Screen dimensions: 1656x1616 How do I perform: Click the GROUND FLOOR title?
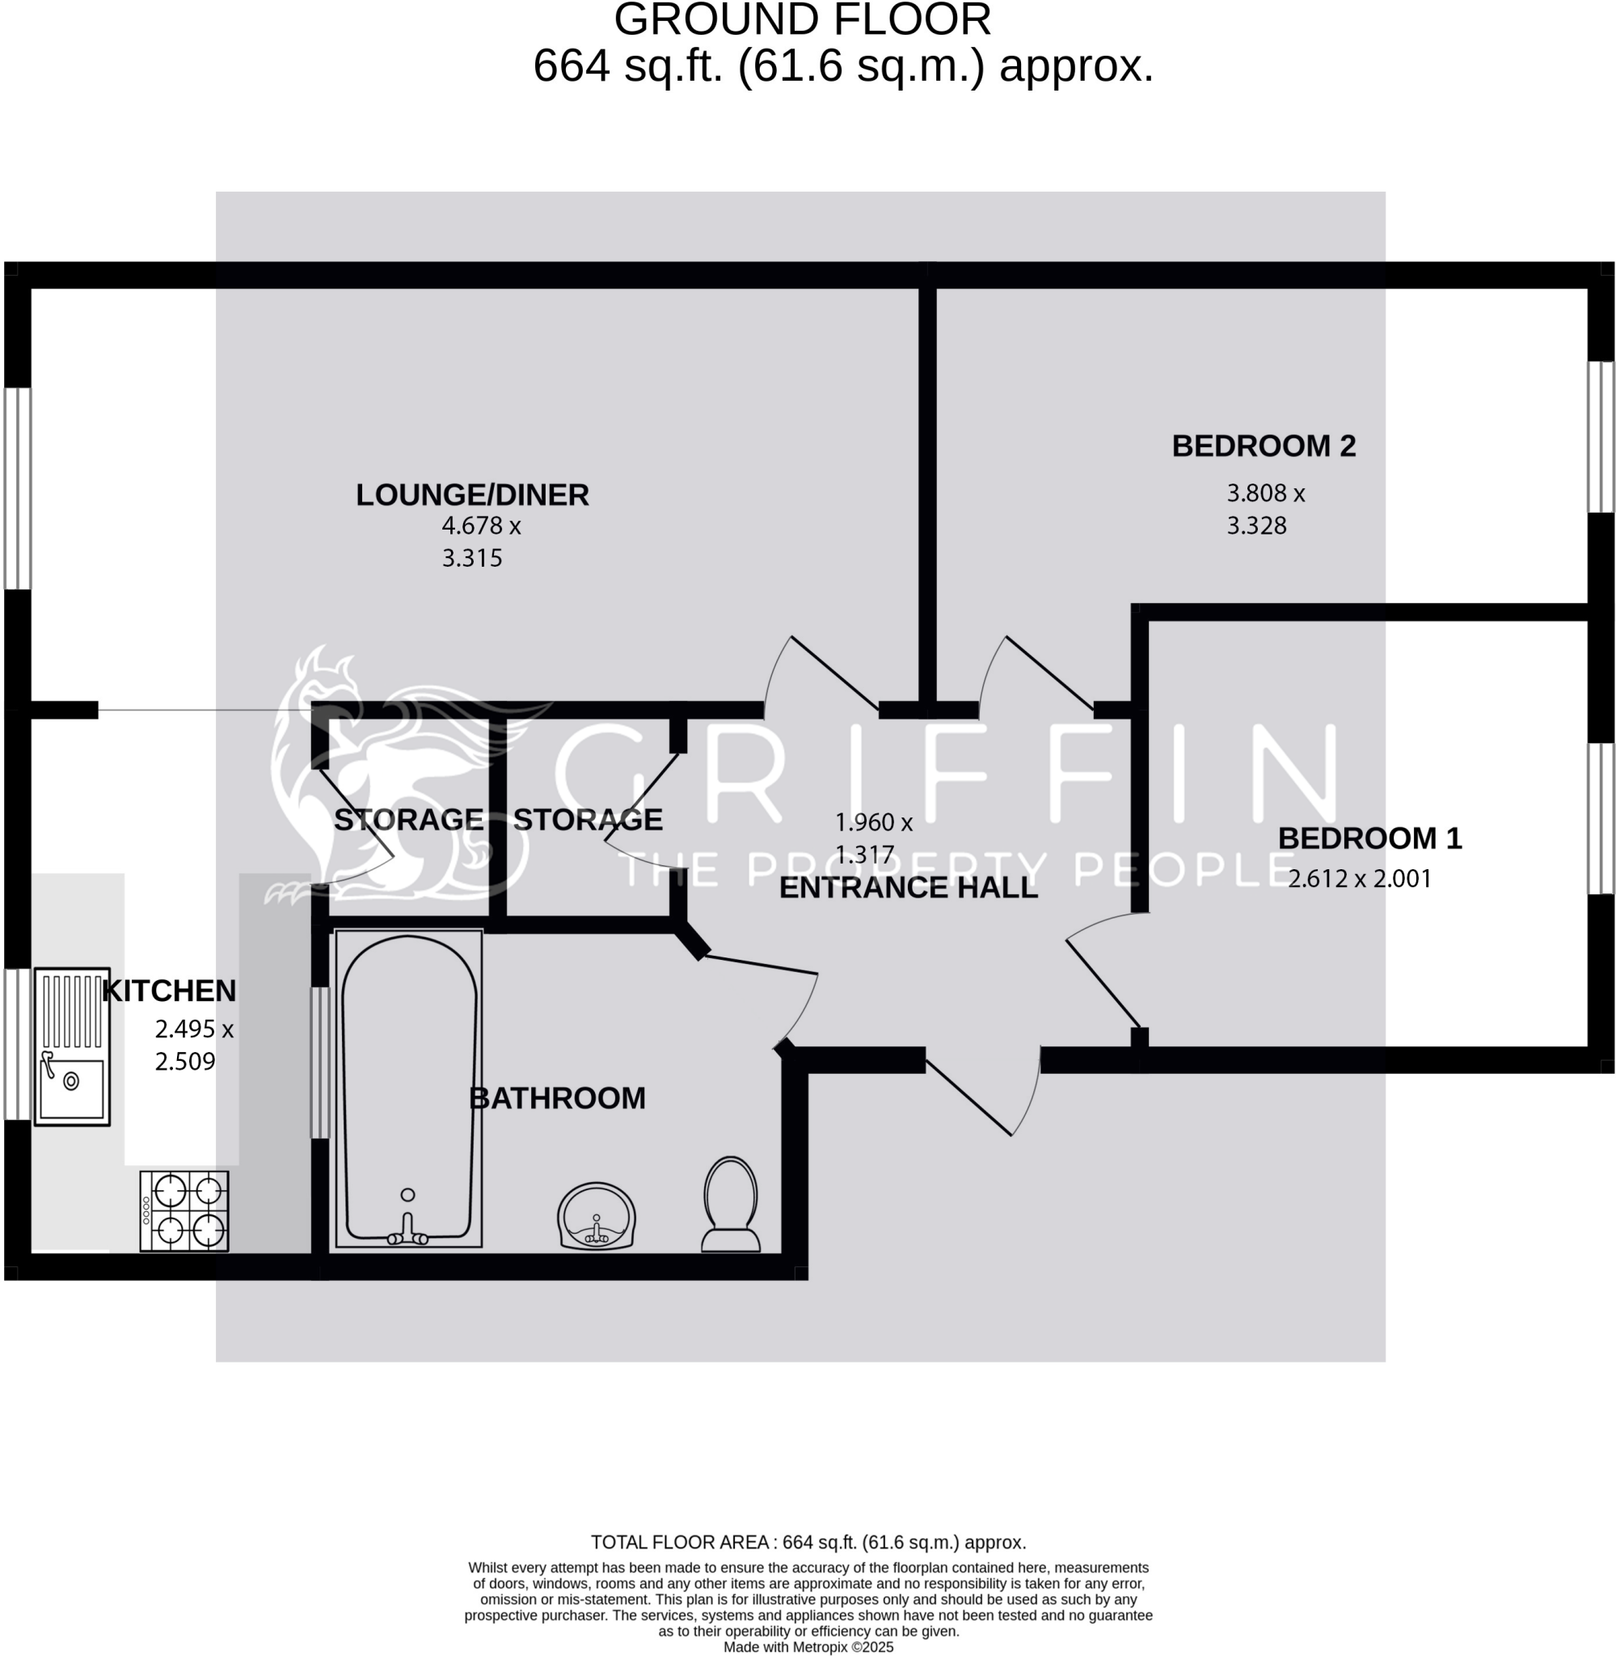(802, 20)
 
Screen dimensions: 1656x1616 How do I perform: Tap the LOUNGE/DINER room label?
(472, 495)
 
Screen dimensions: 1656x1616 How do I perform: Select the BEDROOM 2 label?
(1263, 446)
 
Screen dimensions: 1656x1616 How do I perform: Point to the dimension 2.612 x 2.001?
(1359, 878)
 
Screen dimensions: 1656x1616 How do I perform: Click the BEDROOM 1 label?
(1369, 838)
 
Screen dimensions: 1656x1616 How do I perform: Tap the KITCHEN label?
(169, 991)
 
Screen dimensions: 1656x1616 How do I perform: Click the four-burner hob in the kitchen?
(184, 1210)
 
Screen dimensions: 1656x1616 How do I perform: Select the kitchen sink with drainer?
(72, 1046)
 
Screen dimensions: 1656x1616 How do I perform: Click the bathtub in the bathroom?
(408, 1088)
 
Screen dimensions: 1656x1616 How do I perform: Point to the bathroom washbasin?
(596, 1215)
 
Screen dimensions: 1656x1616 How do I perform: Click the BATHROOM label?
(557, 1098)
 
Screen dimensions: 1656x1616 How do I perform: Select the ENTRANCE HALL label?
(908, 888)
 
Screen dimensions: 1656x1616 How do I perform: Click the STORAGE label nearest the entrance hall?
(588, 820)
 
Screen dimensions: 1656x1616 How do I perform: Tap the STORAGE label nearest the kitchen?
(408, 820)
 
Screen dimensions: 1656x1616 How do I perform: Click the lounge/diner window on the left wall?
(18, 488)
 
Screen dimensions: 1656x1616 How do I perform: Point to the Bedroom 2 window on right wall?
(1600, 437)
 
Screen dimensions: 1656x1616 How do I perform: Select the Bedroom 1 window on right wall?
(1600, 818)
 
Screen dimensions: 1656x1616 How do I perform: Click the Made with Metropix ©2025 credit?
(808, 1646)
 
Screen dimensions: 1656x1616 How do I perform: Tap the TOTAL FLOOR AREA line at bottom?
(808, 1542)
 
